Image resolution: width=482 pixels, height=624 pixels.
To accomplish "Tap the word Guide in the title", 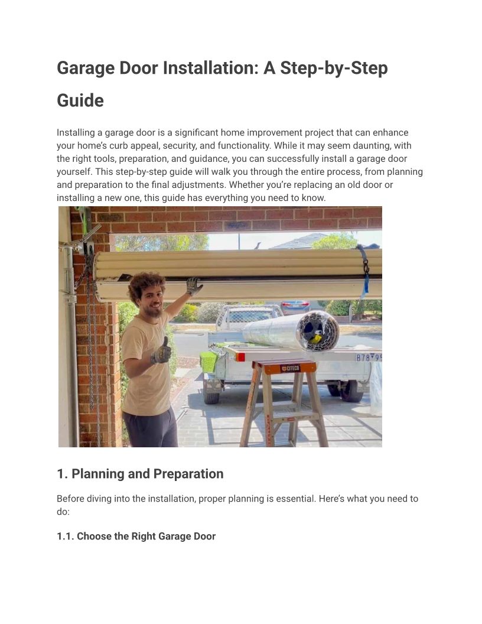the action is [x=80, y=100].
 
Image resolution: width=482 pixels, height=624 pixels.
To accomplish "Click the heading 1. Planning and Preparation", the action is [x=140, y=474].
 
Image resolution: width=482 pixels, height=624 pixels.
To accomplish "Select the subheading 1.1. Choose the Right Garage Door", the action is [x=136, y=537].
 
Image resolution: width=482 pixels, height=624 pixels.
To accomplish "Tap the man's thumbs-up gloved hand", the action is [x=161, y=351].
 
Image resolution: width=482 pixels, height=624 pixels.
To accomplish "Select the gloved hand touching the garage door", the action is [x=194, y=286].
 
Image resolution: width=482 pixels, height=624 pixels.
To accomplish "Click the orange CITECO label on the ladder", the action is [x=290, y=369].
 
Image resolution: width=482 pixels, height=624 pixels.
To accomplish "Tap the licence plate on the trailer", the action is [x=368, y=357].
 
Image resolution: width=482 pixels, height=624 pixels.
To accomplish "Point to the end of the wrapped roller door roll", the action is [x=317, y=330].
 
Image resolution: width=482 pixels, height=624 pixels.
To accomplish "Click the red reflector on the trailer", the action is [x=240, y=357].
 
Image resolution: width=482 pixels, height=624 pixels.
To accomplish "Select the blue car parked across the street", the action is [x=295, y=307].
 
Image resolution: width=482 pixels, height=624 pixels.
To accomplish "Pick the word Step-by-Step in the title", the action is [x=334, y=68].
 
